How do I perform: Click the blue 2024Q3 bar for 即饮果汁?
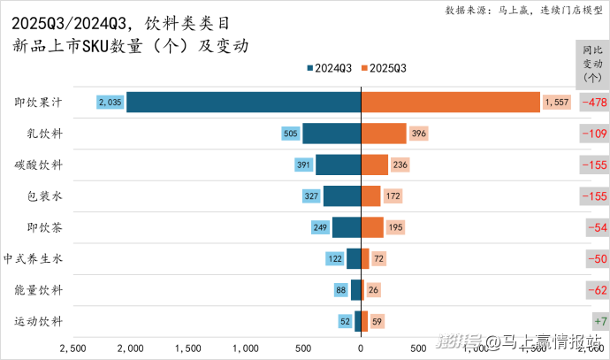click(243, 103)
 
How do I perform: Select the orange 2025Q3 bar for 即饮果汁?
click(451, 103)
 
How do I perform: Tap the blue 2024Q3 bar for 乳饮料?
click(332, 134)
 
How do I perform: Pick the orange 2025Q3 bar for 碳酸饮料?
click(375, 165)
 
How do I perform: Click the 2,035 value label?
click(111, 103)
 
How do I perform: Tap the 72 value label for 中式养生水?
click(379, 258)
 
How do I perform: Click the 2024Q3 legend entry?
click(331, 68)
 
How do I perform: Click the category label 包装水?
click(45, 195)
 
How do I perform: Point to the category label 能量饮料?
click(39, 289)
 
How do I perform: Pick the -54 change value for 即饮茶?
click(596, 227)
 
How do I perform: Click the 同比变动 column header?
click(591, 63)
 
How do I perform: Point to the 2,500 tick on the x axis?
click(72, 349)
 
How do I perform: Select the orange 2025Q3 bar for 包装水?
click(371, 195)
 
